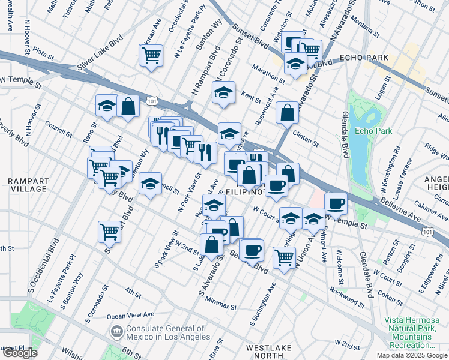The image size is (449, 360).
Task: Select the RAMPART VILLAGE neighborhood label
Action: point(28,185)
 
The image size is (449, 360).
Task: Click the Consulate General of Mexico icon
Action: point(116,330)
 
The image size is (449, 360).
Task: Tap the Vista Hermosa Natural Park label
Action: point(412,332)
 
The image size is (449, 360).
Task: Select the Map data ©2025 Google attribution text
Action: point(412,355)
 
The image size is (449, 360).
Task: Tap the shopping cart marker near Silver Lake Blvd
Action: point(151,55)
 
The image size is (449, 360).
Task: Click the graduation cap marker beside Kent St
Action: point(223,92)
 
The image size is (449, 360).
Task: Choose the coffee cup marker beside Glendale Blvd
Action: point(336,203)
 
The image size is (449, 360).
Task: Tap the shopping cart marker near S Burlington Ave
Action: point(284,257)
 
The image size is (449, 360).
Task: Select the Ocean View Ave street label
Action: point(130,314)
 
